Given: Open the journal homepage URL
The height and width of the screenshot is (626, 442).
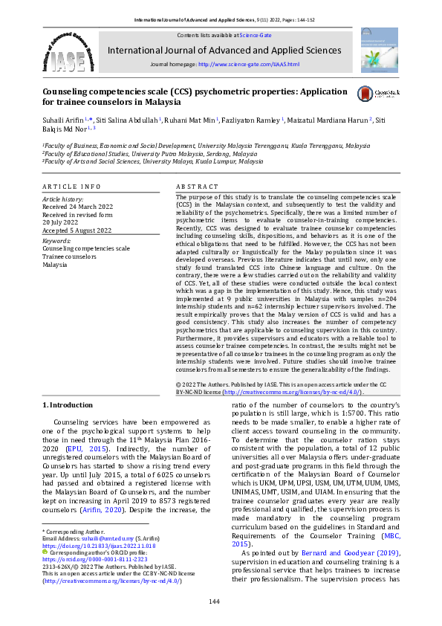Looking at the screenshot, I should [x=248, y=65].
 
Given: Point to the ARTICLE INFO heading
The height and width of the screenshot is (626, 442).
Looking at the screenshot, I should [x=71, y=185].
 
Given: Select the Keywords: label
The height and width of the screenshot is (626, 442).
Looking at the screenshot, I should [x=56, y=241].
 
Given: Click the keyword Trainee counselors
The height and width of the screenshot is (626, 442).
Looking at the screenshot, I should [x=68, y=256].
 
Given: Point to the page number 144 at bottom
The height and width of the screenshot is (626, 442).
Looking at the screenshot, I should [x=214, y=601].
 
